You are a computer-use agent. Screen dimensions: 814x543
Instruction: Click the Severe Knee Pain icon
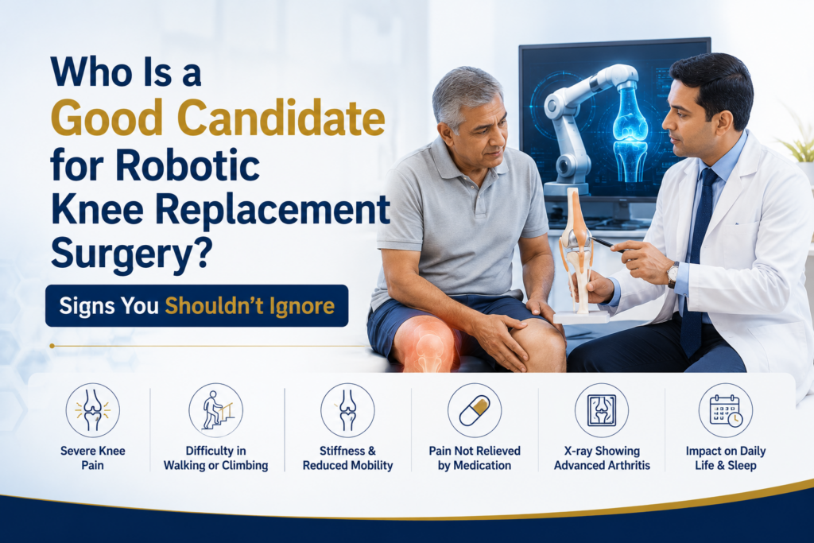[x=92, y=410]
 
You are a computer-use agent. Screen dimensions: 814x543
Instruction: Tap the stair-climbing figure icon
[x=215, y=410]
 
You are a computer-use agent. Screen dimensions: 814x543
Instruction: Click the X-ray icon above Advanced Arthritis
[x=602, y=410]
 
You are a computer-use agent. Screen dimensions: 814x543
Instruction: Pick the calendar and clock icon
[x=725, y=410]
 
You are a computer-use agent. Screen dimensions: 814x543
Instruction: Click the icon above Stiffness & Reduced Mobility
[x=347, y=410]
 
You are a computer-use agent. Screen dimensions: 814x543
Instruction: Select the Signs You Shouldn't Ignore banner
[x=197, y=306]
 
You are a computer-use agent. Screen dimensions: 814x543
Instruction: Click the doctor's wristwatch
[x=673, y=274]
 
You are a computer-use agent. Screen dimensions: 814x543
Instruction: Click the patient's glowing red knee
[x=423, y=343]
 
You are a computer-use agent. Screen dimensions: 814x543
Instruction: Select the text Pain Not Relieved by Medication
[x=475, y=458]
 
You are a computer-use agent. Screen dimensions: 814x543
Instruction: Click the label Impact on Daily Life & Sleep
[x=726, y=458]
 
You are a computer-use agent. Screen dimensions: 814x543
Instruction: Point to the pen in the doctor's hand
[x=606, y=243]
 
